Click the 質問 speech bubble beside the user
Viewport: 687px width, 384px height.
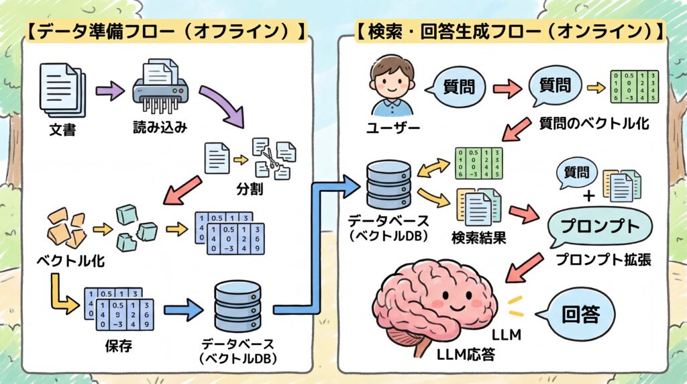tap(460, 86)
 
